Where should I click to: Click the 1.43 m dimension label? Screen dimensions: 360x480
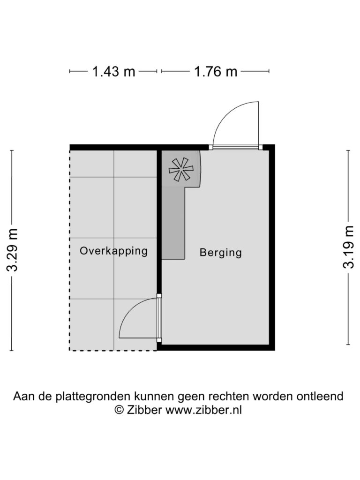113,72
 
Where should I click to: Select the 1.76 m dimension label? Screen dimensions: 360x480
216,72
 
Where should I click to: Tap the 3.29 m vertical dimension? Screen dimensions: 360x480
12,250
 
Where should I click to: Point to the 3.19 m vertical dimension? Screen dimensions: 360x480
348,247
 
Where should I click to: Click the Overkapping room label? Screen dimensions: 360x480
113,251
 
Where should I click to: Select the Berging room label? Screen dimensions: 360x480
220,253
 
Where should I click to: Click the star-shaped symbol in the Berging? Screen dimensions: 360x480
181,169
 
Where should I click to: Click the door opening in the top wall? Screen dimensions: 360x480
236,147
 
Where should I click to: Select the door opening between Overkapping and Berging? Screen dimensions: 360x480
159,318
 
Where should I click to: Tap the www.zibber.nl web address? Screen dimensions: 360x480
203,409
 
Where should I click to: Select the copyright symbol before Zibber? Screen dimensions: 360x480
119,410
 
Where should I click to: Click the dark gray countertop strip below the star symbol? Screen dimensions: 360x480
173,224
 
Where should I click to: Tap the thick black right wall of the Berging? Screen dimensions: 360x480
272,247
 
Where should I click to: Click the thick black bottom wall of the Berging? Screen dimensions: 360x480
216,347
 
